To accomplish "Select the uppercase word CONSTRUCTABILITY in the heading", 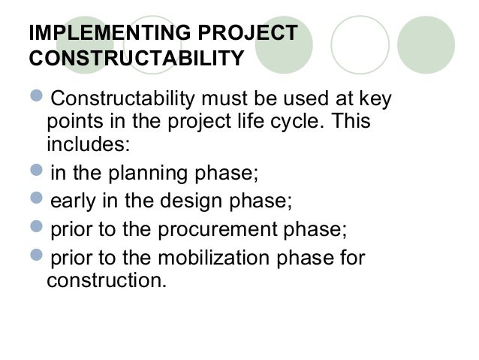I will click(x=135, y=58).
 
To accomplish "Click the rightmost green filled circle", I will click(x=426, y=44).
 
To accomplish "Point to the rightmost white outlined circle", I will click(x=360, y=44).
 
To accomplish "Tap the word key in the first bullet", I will click(x=375, y=99).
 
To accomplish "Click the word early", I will click(x=73, y=201).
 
